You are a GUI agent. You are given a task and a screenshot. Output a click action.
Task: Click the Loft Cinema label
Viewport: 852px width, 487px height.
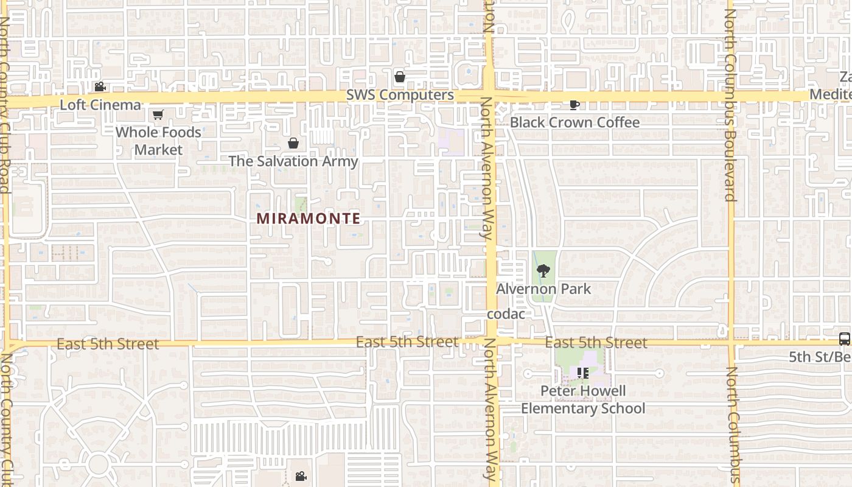100,105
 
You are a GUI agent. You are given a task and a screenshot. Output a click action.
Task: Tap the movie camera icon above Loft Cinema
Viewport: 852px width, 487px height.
100,87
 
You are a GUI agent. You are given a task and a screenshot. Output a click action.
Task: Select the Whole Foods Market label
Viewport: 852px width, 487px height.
158,141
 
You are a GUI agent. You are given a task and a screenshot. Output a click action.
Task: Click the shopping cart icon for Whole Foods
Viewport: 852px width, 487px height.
158,114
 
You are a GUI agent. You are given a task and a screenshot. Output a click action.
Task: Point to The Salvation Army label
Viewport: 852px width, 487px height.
293,161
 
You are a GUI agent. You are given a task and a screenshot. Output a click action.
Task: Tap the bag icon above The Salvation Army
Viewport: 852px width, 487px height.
293,143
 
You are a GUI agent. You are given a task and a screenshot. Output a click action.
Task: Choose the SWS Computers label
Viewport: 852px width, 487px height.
400,96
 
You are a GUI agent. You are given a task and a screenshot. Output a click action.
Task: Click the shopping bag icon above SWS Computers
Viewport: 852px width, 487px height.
400,77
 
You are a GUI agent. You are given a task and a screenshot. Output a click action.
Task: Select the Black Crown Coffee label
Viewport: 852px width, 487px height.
574,122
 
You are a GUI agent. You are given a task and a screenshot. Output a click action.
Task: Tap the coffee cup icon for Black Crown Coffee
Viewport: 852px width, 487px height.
574,105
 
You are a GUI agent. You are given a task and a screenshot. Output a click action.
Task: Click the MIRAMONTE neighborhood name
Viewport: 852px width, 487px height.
309,218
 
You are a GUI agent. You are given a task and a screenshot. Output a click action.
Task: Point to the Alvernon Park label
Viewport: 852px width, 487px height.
543,289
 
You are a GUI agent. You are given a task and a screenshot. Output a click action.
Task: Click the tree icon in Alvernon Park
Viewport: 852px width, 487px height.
543,270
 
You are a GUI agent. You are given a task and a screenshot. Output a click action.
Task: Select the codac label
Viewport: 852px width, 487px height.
506,314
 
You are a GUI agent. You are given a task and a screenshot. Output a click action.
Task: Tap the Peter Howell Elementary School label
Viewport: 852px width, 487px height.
583,399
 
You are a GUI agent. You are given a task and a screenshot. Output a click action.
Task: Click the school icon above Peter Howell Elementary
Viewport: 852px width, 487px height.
582,373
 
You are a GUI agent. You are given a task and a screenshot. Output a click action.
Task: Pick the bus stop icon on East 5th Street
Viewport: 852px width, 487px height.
845,339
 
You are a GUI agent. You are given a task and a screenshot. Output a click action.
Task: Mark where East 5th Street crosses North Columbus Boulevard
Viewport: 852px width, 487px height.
731,342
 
